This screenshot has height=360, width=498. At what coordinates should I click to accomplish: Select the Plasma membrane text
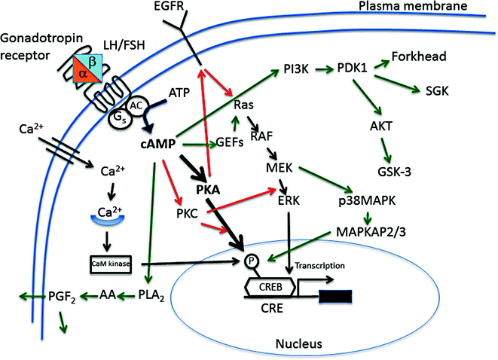[x=411, y=8]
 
